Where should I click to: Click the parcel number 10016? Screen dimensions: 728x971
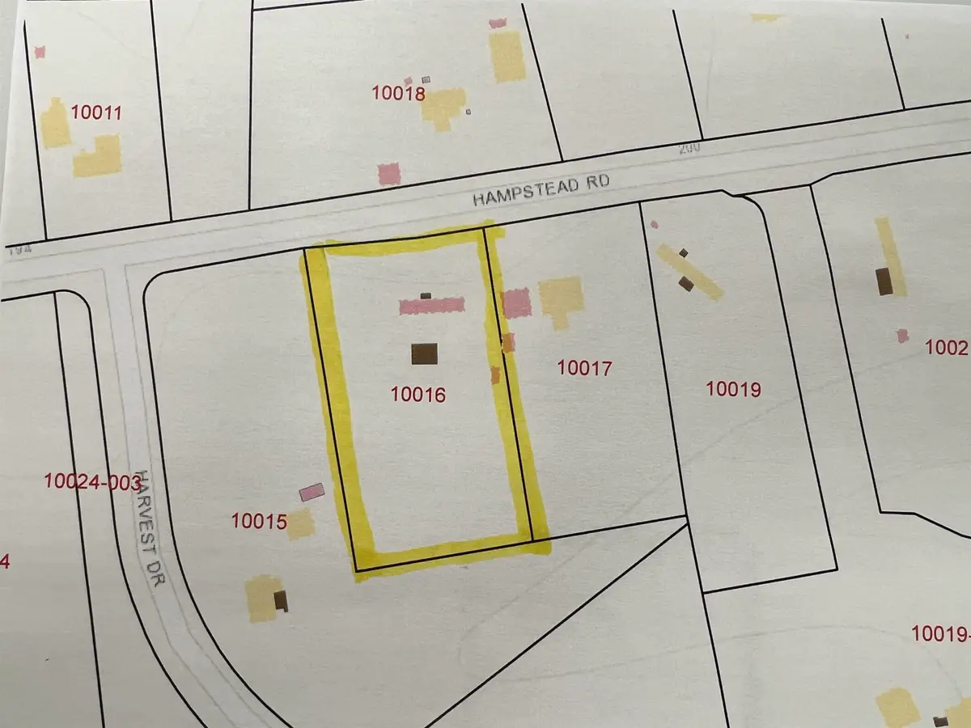[418, 395]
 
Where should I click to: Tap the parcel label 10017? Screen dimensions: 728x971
[584, 368]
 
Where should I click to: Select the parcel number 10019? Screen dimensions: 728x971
[733, 389]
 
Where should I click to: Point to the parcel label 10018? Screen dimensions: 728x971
[398, 93]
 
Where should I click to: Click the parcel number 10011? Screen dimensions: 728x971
[96, 112]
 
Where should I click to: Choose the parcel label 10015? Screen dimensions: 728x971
[259, 522]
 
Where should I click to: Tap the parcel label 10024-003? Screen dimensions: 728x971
[92, 483]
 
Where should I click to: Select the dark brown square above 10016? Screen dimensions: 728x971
[424, 354]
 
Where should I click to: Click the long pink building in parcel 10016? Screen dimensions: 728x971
[432, 305]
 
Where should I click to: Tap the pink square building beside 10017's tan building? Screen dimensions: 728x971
[517, 303]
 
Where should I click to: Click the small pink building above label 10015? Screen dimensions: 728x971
[312, 492]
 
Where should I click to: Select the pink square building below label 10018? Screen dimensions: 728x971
[389, 174]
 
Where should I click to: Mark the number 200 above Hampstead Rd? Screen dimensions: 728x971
[688, 149]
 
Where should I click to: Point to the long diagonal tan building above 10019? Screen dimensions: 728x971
[689, 272]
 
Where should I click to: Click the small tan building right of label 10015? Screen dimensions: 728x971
[300, 524]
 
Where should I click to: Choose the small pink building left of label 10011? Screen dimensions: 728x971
[39, 52]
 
